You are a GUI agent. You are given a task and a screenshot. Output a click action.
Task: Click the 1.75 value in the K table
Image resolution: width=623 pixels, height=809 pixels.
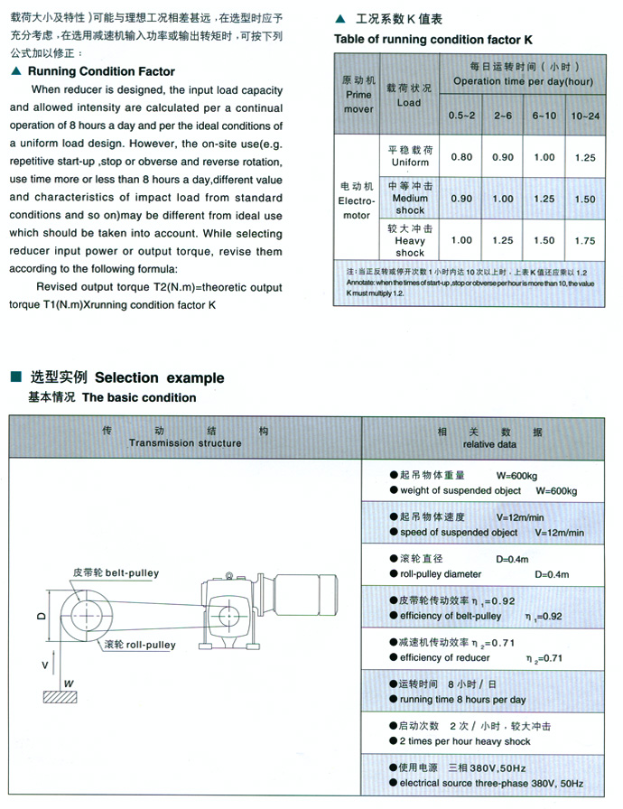584,240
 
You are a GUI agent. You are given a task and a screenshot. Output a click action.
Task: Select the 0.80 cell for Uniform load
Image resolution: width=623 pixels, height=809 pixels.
461,156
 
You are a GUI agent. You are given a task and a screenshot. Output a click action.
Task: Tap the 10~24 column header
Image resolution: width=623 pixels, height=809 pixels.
584,116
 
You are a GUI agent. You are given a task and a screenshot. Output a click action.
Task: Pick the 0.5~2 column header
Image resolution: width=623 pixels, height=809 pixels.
461,116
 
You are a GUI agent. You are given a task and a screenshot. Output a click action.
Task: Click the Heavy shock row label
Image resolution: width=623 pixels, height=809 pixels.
409,240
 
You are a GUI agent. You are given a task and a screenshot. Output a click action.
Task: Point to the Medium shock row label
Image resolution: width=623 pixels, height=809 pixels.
409,199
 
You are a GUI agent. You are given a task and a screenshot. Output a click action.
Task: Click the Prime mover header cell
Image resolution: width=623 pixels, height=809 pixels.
358,95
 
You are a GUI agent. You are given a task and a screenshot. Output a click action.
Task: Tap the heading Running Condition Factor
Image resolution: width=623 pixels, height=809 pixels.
101,71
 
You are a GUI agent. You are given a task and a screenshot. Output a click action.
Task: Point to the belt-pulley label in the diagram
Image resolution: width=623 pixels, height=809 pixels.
116,572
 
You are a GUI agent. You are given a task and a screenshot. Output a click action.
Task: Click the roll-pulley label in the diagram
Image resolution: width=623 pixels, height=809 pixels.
140,645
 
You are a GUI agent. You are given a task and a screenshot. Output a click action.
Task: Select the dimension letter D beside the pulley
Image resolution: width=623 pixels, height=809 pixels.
41,616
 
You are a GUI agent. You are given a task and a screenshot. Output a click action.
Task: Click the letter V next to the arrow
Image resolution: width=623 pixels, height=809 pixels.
44,665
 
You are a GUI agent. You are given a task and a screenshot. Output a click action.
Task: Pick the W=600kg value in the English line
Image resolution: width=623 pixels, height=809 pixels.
556,490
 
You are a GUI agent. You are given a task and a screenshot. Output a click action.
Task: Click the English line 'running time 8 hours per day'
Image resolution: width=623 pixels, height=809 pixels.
463,700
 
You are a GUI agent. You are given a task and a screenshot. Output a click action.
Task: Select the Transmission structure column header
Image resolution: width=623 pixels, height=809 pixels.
185,443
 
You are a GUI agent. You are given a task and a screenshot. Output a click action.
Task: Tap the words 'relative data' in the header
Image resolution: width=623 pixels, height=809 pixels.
490,444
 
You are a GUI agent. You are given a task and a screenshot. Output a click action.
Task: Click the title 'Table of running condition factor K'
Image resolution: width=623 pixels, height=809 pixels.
433,40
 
